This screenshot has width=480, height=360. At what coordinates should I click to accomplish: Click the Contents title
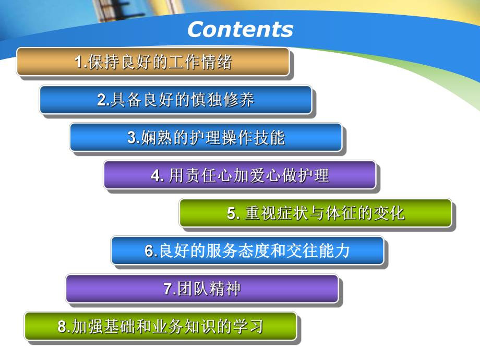240,29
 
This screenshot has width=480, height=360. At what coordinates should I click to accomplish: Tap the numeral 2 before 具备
102,100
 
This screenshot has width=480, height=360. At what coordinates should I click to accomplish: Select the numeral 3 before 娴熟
131,138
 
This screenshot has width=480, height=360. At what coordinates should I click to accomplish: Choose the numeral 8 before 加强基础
63,327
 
